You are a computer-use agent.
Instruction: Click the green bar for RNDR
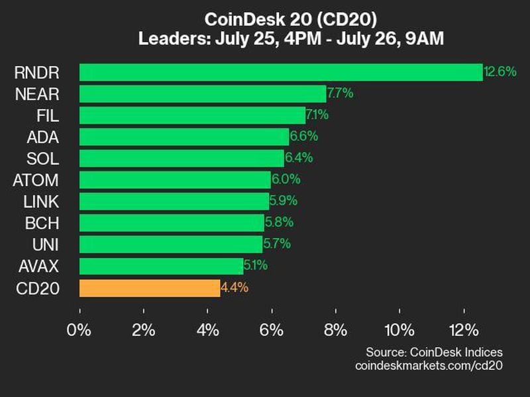coord(281,72)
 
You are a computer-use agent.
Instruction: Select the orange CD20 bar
coord(150,288)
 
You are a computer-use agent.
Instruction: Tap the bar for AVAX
coord(161,267)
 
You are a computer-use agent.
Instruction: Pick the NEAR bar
coord(203,93)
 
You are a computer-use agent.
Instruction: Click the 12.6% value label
coord(500,71)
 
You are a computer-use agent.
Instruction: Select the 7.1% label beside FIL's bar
coord(317,115)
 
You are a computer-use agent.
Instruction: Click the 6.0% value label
coord(286,180)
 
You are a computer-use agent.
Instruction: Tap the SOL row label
coord(44,158)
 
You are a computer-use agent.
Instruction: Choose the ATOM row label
coord(36,180)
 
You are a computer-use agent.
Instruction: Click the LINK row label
coord(41,201)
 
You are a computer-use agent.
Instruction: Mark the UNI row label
coord(45,245)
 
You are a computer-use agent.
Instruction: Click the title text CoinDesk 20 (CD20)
coord(291,19)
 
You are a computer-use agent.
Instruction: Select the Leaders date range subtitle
coord(291,38)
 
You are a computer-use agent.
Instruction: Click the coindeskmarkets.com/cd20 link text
coord(429,365)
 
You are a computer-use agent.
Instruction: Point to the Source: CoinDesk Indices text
coord(434,352)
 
